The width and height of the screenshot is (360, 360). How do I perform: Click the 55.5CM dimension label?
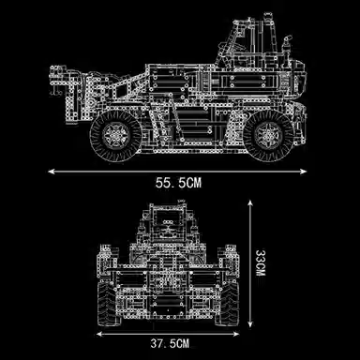(179, 183)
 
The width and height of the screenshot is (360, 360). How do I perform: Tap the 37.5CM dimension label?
(170, 344)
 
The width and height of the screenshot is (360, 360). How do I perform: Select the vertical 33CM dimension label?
(260, 262)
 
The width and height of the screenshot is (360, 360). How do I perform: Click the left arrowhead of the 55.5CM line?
(52, 172)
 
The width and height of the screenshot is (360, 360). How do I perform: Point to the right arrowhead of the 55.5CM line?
(303, 172)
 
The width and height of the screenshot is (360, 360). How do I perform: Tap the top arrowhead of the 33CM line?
(250, 203)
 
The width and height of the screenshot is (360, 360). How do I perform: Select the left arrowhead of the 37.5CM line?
(100, 334)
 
